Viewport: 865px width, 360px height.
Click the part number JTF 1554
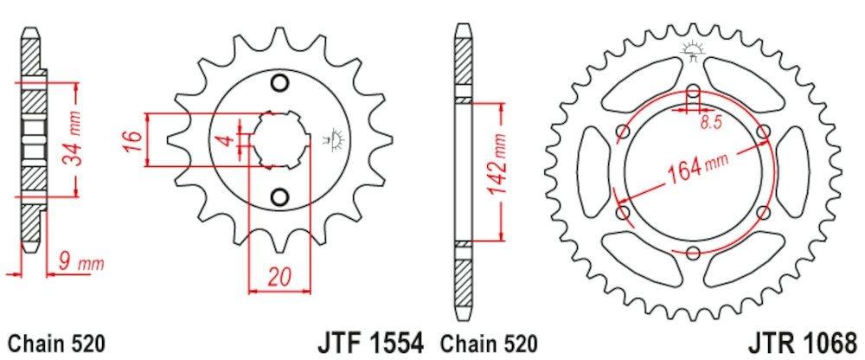pyautogui.click(x=370, y=343)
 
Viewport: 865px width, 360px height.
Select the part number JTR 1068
pyautogui.click(x=804, y=343)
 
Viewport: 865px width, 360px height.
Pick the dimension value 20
pyautogui.click(x=279, y=277)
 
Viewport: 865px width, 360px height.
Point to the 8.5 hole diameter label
pyautogui.click(x=710, y=123)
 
